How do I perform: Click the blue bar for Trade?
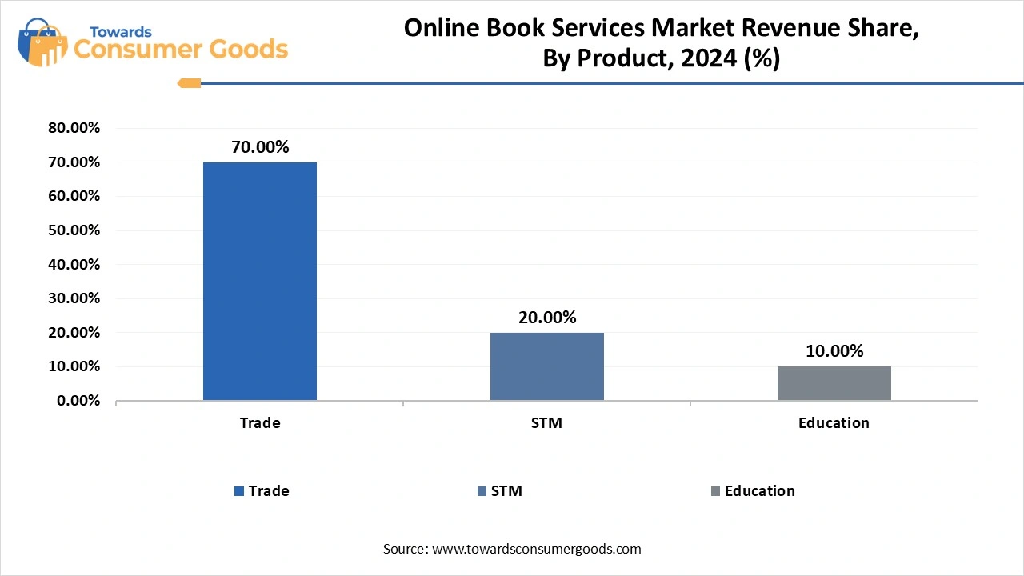pos(260,281)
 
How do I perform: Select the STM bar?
pos(547,366)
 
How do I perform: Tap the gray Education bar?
pos(834,383)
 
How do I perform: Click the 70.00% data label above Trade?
pos(260,147)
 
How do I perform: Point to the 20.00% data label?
pos(547,318)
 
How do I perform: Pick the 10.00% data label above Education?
pos(834,351)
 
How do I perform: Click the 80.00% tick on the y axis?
pos(74,128)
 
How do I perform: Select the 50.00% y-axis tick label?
pos(74,230)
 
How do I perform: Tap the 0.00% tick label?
pos(78,401)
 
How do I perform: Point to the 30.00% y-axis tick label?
pos(74,298)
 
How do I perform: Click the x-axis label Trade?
pos(260,423)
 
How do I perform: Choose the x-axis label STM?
pos(546,423)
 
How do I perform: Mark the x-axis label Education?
pos(834,423)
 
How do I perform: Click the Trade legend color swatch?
pos(239,491)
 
